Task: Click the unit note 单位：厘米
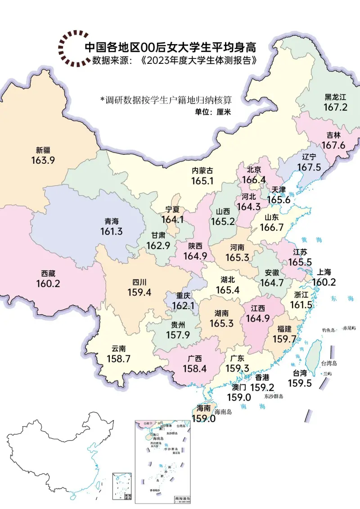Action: [x=212, y=112]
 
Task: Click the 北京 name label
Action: [x=254, y=170]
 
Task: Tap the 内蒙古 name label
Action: [x=202, y=171]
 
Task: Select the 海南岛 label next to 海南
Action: [x=223, y=412]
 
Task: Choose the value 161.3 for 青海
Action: [x=112, y=232]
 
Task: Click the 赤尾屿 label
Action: [x=349, y=329]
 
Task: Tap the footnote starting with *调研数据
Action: [x=168, y=99]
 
